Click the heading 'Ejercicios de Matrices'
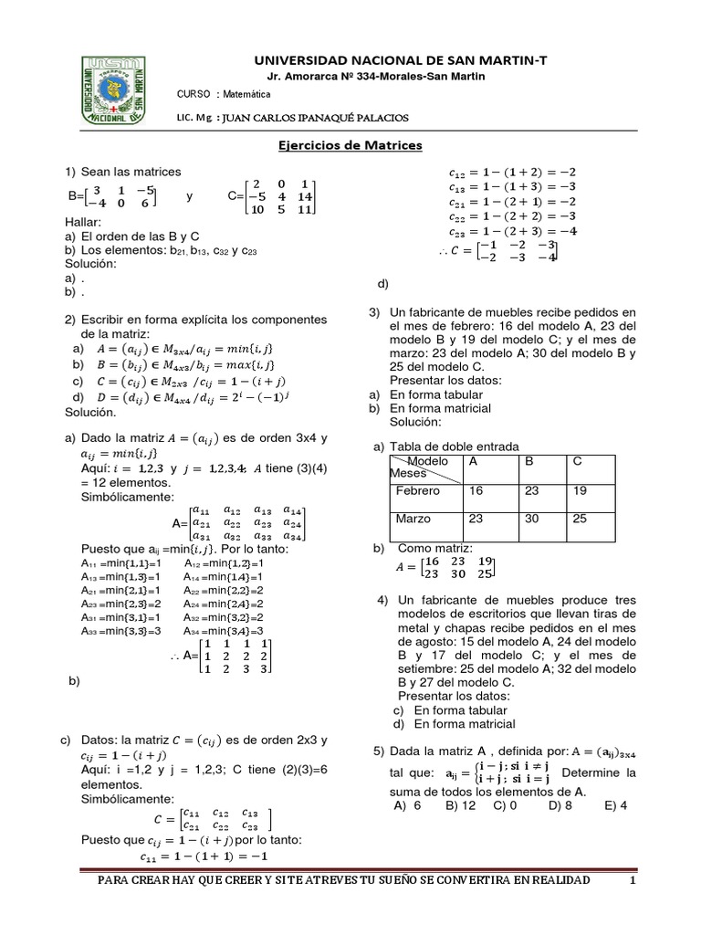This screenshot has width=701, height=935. [350, 145]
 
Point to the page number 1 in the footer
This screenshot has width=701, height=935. [631, 879]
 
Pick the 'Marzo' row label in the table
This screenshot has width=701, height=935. [413, 519]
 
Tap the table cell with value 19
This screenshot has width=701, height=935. [581, 490]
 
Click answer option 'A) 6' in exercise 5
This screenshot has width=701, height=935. [407, 805]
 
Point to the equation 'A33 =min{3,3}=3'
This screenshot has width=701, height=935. [120, 630]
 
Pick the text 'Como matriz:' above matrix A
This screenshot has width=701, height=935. [434, 548]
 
